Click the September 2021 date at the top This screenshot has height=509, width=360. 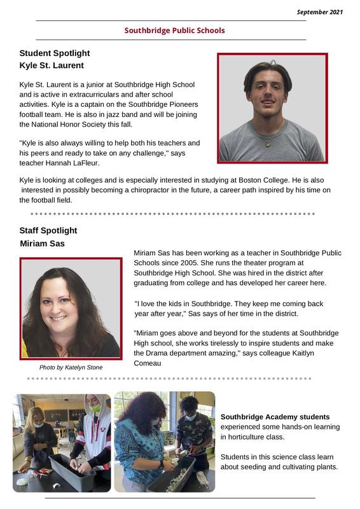coord(320,12)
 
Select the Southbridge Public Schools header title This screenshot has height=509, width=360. coord(174,31)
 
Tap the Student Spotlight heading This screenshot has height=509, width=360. coord(55,53)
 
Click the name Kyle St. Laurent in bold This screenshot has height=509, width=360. coord(52,66)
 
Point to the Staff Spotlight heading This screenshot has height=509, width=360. coord(48,230)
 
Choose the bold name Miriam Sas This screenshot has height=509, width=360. coord(42,244)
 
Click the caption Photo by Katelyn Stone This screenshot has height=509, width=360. coord(71,367)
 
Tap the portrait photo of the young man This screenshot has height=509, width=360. coord(272,108)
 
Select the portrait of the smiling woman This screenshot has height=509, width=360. coord(70,308)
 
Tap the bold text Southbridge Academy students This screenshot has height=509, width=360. coord(275,417)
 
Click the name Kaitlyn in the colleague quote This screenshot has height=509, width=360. coord(321,353)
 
